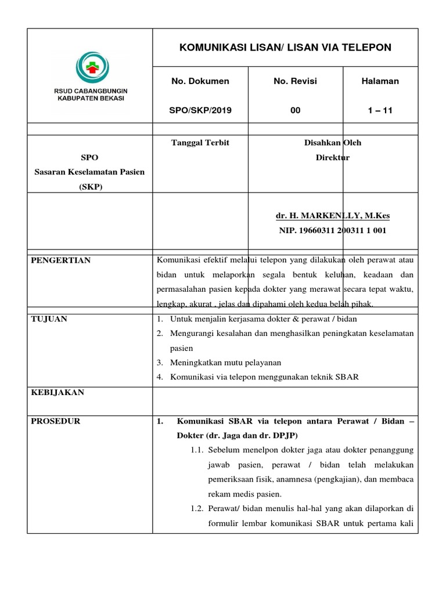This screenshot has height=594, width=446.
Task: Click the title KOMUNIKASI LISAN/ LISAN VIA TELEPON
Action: click(285, 47)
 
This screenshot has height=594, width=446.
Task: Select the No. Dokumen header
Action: click(200, 81)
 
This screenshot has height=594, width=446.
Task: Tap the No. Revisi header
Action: click(295, 81)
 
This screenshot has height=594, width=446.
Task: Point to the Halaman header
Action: click(380, 81)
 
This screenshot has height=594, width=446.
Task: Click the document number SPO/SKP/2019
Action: click(201, 110)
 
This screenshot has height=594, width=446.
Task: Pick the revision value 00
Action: click(295, 110)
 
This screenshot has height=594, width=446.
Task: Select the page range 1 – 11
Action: click(380, 110)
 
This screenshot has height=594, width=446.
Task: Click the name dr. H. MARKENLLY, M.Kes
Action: click(333, 216)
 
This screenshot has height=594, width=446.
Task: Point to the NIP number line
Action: click(333, 230)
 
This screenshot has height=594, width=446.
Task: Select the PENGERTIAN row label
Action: click(60, 260)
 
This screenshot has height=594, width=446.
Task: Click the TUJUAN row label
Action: click(49, 320)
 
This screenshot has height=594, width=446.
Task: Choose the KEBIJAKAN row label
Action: click(57, 393)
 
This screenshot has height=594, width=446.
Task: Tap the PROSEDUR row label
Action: click(56, 421)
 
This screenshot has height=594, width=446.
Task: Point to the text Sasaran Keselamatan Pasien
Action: click(90, 172)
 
